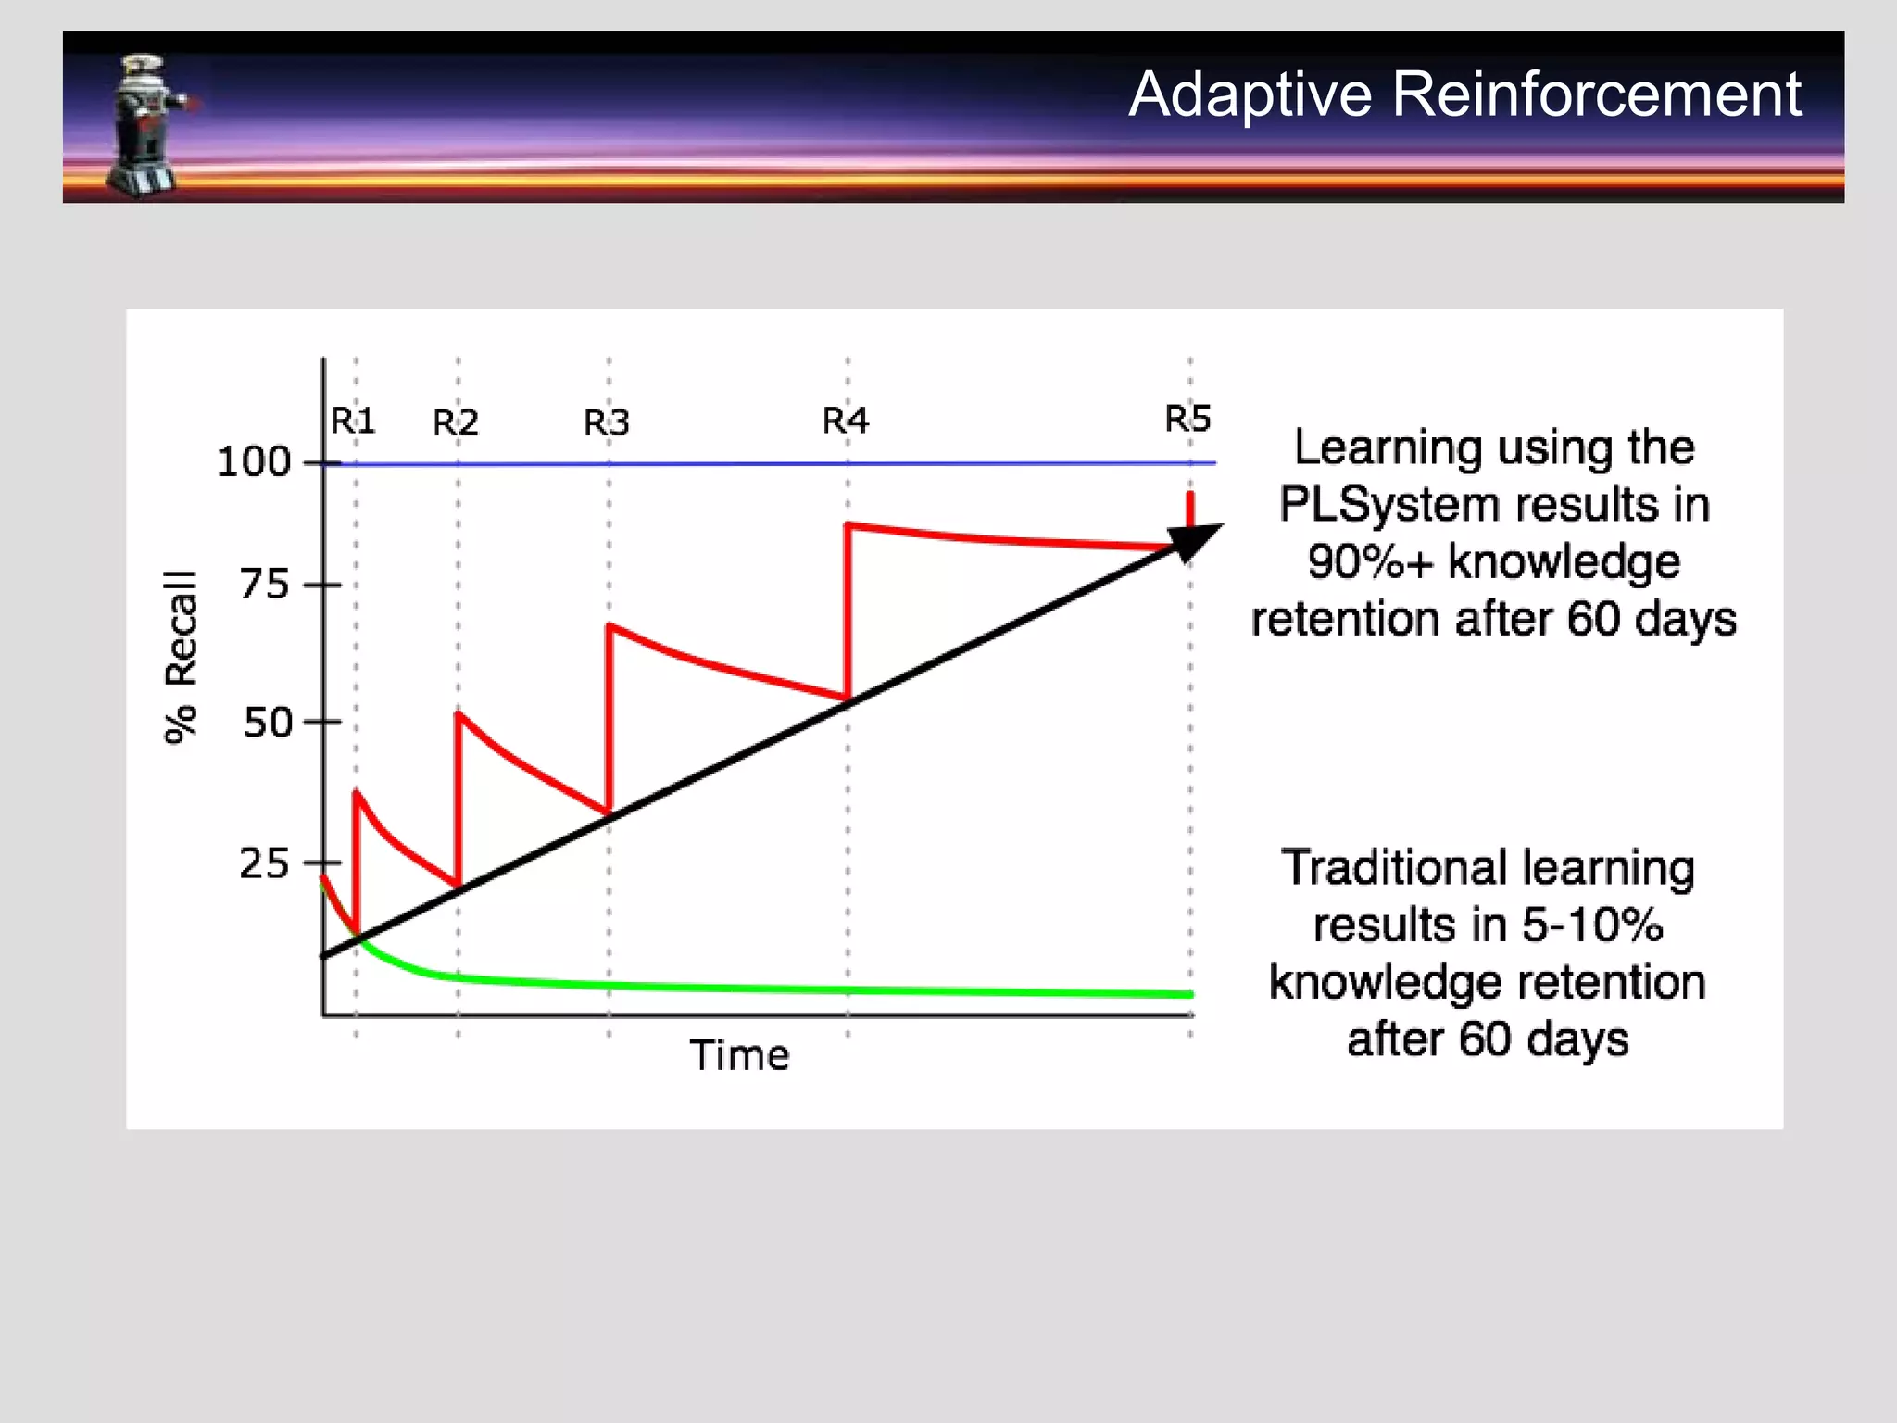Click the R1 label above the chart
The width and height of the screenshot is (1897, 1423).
[353, 422]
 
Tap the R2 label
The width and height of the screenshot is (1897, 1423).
[456, 423]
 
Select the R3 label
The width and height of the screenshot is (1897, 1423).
[607, 423]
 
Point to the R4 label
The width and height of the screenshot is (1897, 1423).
[846, 422]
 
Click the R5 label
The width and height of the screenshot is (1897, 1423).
[1187, 420]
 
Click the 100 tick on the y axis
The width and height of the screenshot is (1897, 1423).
[254, 462]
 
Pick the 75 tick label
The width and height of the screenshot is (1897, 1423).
[265, 586]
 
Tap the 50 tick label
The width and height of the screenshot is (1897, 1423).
[268, 723]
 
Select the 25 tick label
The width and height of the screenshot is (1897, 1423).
[265, 863]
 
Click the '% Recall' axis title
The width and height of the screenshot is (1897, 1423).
[181, 657]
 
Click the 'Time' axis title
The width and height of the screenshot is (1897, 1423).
[739, 1055]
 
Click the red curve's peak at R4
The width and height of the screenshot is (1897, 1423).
[848, 526]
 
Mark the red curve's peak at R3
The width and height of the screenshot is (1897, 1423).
[609, 626]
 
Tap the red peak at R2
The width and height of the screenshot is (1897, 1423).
[459, 714]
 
